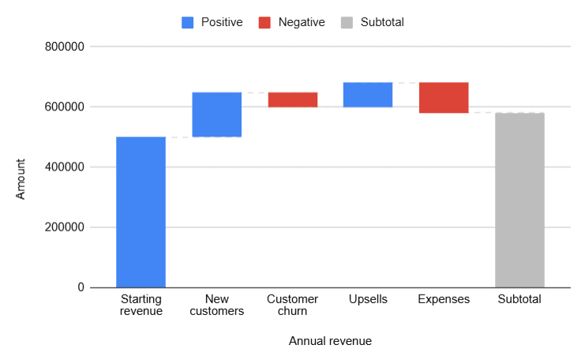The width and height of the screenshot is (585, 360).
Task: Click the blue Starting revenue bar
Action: click(141, 212)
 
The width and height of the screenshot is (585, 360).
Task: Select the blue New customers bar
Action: click(216, 114)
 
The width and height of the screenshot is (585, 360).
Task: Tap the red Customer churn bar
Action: click(292, 99)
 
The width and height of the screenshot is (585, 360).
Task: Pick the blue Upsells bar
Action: click(368, 94)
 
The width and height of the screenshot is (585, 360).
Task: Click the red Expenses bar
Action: click(444, 98)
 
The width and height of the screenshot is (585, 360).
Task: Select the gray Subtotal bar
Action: click(519, 200)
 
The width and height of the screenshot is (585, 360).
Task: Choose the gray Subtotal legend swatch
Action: click(346, 23)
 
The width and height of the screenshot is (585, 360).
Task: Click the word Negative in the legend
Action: click(302, 23)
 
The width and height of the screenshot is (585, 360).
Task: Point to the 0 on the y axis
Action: click(81, 287)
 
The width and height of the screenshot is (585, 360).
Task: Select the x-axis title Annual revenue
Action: click(330, 341)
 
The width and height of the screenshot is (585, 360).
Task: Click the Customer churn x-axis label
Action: click(292, 305)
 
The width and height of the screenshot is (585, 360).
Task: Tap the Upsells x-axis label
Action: click(368, 299)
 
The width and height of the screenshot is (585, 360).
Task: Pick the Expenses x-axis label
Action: click(444, 299)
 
